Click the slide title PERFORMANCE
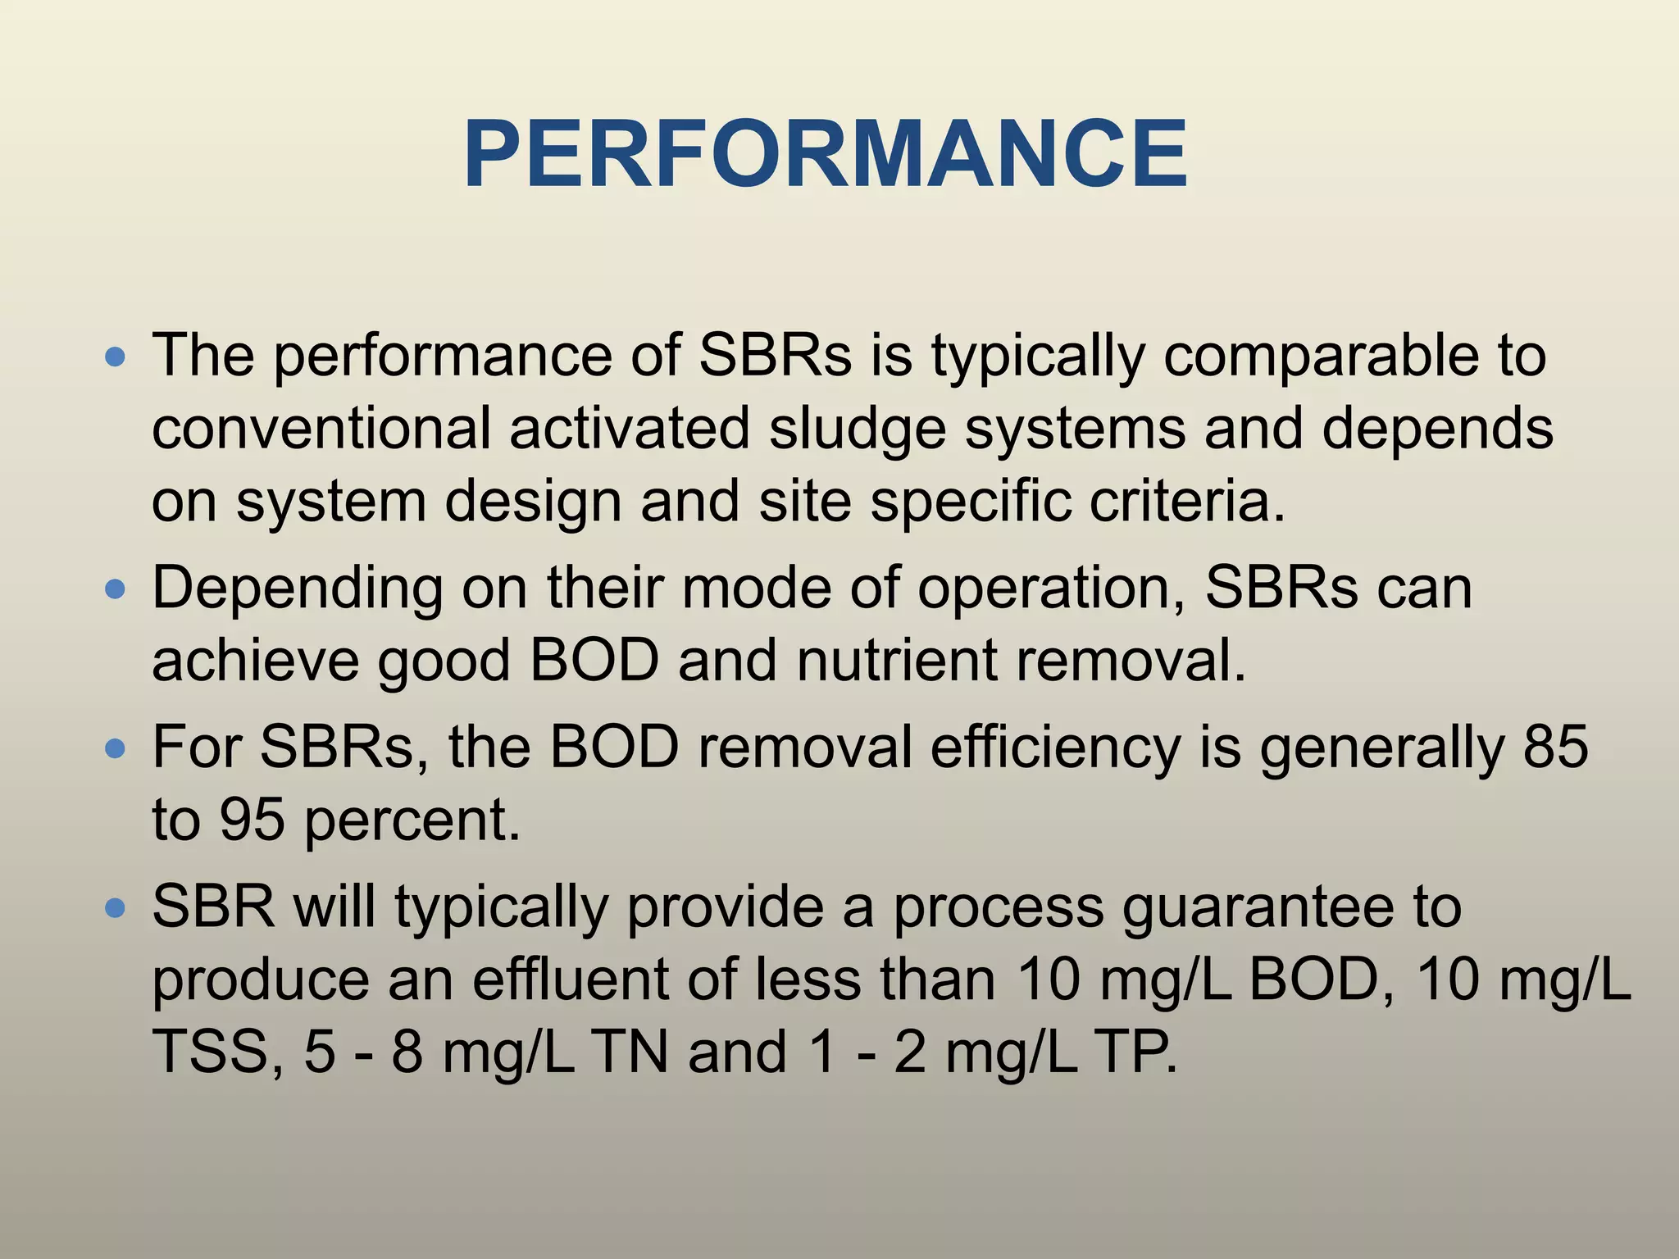pyautogui.click(x=826, y=155)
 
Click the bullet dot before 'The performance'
pyautogui.click(x=116, y=357)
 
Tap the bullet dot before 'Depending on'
pyautogui.click(x=116, y=589)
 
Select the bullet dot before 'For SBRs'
pyautogui.click(x=116, y=748)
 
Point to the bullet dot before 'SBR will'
pyautogui.click(x=116, y=907)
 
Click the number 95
pyautogui.click(x=252, y=819)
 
